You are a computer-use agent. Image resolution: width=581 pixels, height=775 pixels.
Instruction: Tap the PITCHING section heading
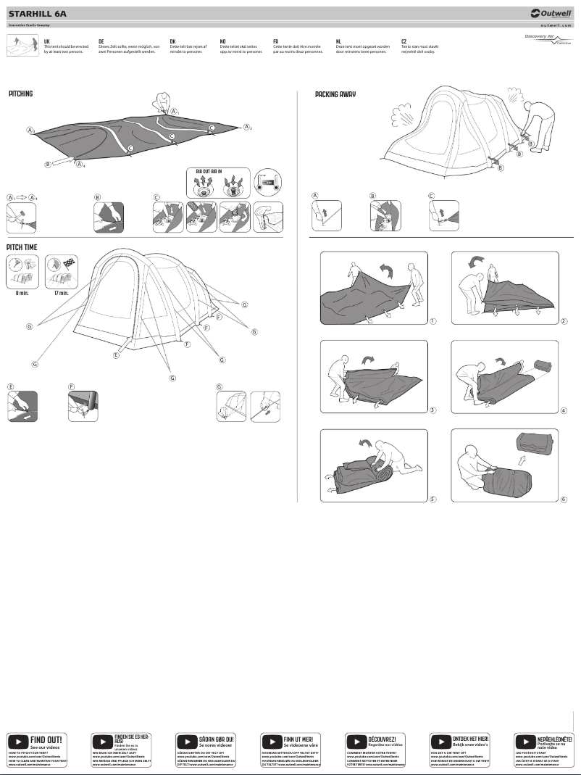coord(21,94)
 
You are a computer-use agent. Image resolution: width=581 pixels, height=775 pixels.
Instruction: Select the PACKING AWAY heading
coord(335,94)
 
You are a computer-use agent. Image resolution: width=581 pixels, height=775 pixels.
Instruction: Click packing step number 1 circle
coord(431,320)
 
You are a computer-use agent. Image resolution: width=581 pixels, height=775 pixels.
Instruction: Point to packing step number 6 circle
coord(563,500)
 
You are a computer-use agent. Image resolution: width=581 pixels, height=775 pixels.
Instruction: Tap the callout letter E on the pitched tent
coord(116,355)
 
